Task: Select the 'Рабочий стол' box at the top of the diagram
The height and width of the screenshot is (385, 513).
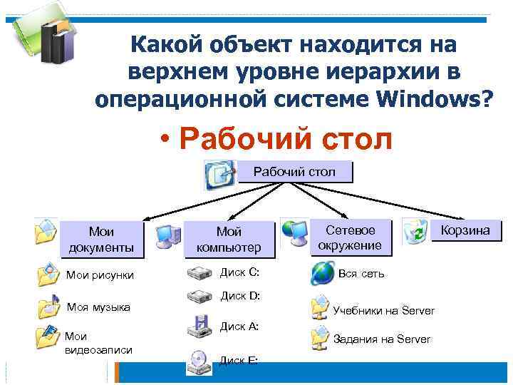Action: click(294, 172)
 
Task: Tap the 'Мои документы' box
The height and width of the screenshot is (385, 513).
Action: click(101, 239)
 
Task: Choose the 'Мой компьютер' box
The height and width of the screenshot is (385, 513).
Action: click(229, 239)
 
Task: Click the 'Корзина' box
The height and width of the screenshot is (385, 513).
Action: click(465, 230)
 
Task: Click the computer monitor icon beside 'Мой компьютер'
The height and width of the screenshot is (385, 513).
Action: click(167, 235)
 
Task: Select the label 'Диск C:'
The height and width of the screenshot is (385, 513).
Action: click(239, 272)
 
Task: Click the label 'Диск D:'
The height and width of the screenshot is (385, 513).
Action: click(239, 295)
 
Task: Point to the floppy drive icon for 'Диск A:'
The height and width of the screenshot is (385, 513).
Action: click(199, 327)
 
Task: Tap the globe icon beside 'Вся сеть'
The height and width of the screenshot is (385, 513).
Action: click(322, 273)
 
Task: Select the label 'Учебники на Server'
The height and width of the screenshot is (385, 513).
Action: click(383, 310)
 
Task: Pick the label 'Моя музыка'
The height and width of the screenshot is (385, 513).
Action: click(98, 307)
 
